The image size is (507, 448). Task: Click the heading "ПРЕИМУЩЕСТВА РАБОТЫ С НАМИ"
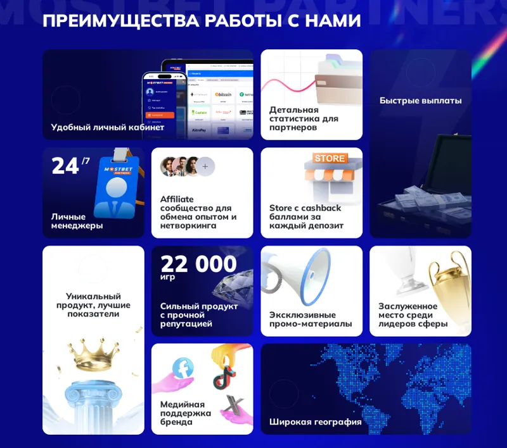click(x=202, y=20)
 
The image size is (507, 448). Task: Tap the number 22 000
click(x=198, y=264)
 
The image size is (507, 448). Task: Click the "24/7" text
click(x=70, y=166)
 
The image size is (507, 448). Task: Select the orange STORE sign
click(x=329, y=158)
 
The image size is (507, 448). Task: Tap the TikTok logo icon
click(x=224, y=378)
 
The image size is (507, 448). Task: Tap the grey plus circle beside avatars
click(x=205, y=167)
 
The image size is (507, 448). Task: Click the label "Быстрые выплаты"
click(x=420, y=101)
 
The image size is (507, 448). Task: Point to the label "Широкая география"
click(x=315, y=421)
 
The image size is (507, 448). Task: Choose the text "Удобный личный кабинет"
click(x=108, y=127)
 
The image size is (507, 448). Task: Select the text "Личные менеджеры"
click(x=77, y=221)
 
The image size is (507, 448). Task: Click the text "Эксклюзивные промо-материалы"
click(x=310, y=320)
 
